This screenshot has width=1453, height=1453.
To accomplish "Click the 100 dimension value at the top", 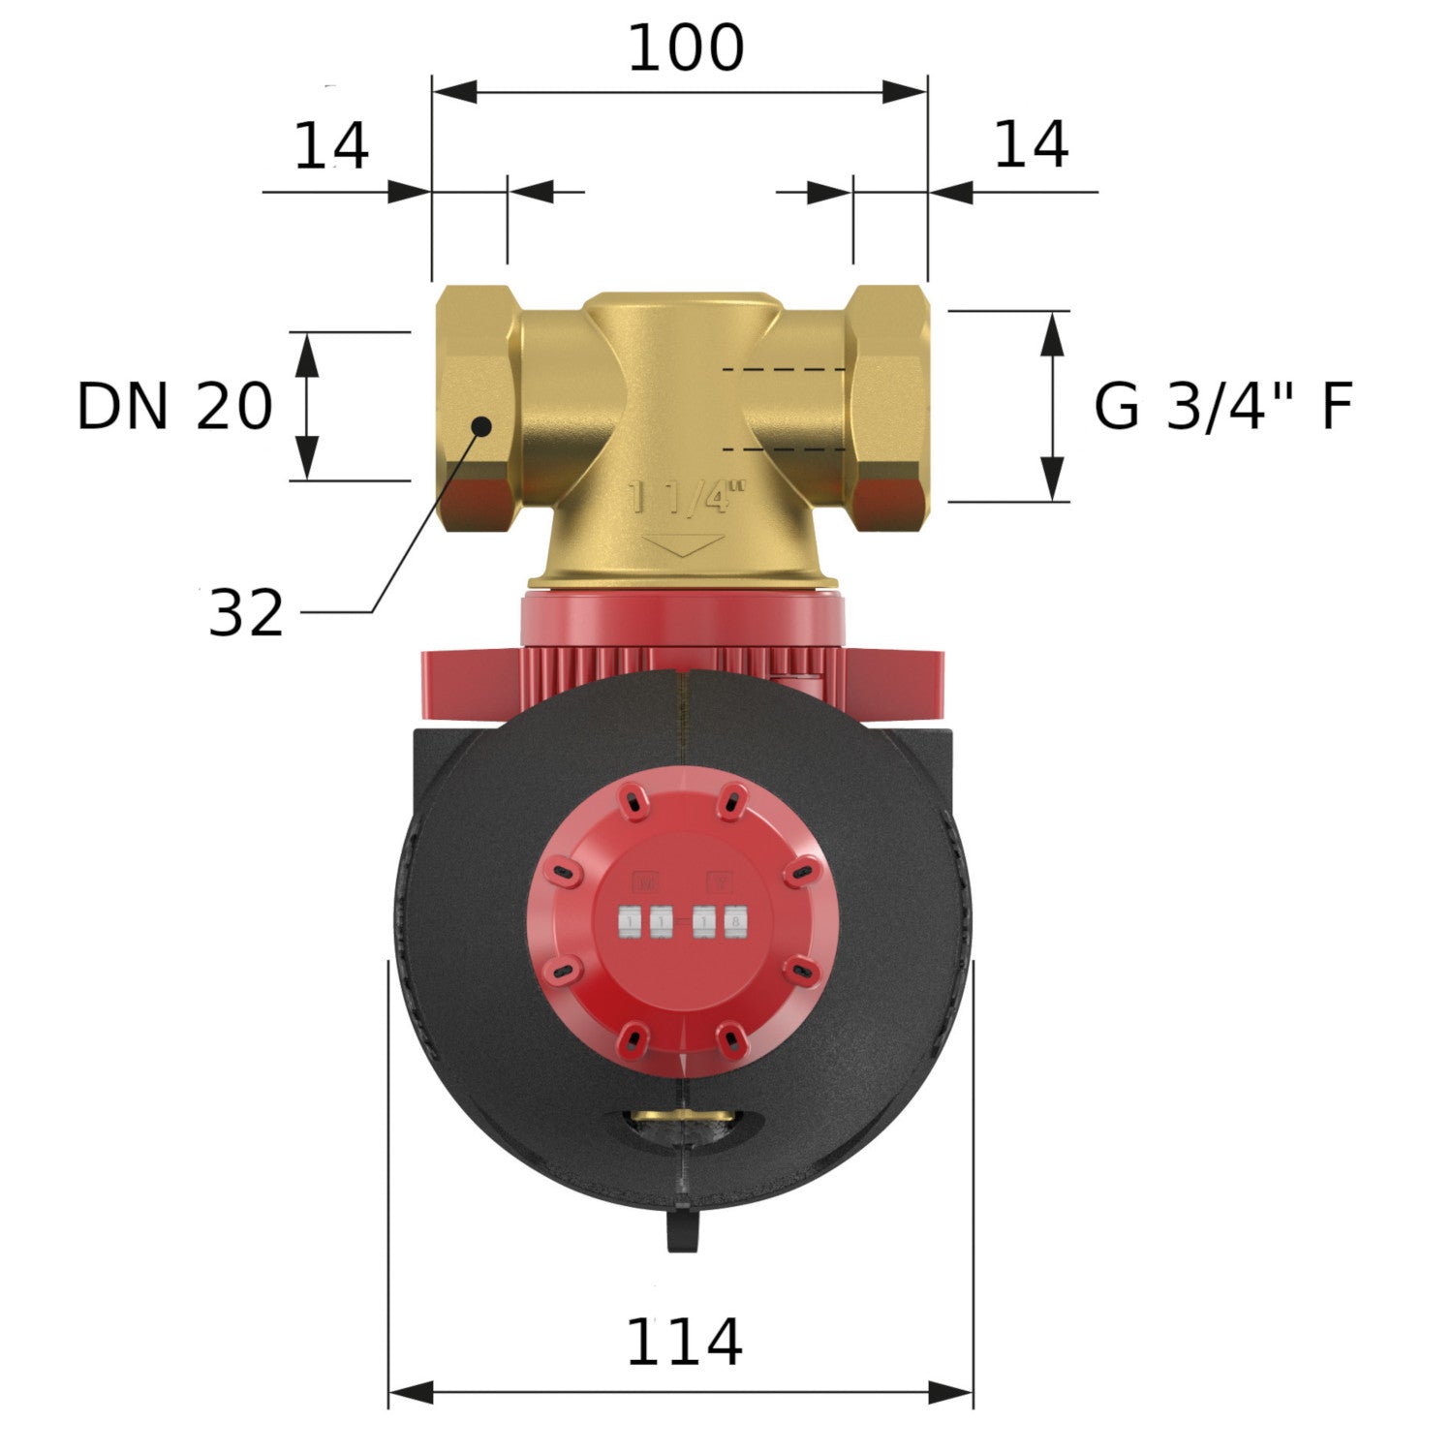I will (x=686, y=48).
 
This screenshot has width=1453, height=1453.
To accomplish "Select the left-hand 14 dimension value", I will (x=331, y=146).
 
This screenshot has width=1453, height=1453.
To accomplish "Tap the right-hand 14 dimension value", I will (x=1031, y=144).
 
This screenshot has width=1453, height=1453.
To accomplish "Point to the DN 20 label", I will (x=174, y=406).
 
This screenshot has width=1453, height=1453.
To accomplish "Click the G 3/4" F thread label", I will (x=1222, y=406).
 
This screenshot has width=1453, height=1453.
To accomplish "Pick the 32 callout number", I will (x=246, y=613).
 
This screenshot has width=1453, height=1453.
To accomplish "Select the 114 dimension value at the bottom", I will (x=684, y=1343).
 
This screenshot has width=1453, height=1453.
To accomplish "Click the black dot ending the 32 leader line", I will (x=480, y=425).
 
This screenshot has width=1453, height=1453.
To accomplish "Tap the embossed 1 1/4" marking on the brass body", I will (x=688, y=498).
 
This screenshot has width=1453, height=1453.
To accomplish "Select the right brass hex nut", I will (x=887, y=407).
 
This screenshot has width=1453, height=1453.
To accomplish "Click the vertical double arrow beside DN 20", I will (x=306, y=406).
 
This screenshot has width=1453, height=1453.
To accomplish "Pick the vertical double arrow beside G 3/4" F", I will (x=1052, y=406).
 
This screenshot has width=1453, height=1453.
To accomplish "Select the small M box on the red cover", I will (x=645, y=881).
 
